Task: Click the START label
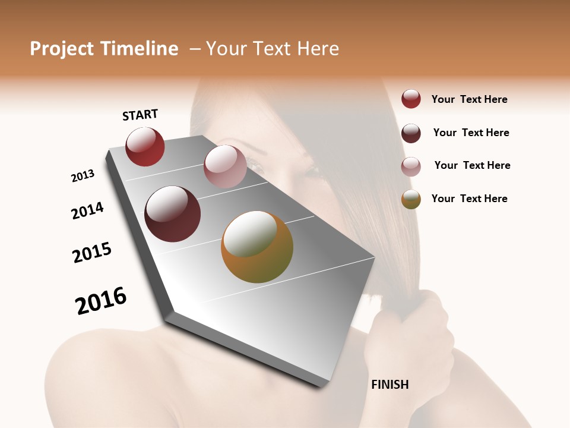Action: tap(140, 115)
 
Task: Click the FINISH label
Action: tap(389, 385)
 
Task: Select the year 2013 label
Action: tap(83, 176)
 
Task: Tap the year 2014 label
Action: tap(87, 210)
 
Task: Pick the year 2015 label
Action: tap(92, 253)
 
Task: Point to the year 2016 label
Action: tap(101, 301)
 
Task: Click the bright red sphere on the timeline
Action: tap(145, 147)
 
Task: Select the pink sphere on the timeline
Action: tap(225, 166)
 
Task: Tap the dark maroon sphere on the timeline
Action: tap(172, 214)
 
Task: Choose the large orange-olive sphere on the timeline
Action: tap(257, 247)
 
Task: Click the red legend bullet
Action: tap(411, 99)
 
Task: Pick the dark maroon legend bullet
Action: tap(411, 133)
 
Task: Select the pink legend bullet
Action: tap(411, 166)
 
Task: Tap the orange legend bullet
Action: tap(411, 199)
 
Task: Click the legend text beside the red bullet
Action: tap(469, 99)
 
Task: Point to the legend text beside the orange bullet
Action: tap(469, 199)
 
